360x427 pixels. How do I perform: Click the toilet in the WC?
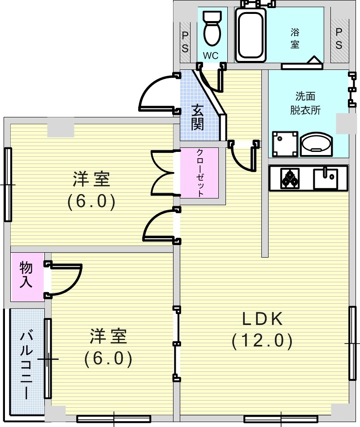(x=211, y=28)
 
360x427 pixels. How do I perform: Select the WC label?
(x=210, y=56)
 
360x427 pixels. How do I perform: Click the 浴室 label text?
(x=295, y=38)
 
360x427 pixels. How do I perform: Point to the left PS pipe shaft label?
(x=185, y=42)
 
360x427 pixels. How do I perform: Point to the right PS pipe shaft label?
(x=339, y=38)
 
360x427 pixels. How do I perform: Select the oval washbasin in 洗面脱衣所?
(x=316, y=144)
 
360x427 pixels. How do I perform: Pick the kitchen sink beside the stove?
(x=325, y=178)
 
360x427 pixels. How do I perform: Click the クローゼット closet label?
(x=200, y=173)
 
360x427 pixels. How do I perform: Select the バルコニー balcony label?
(x=26, y=364)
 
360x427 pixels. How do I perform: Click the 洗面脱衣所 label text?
(x=305, y=104)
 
